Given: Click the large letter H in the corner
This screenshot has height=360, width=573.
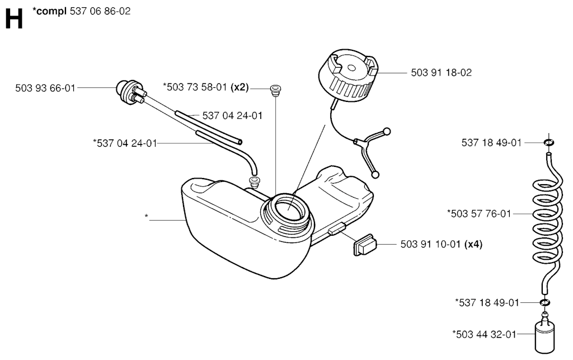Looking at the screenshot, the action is point(14,19).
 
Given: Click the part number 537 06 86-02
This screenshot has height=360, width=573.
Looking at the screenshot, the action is point(100,11).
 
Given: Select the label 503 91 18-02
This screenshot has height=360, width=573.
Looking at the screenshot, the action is point(441,72).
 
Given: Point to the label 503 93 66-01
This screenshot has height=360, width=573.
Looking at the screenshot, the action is point(45,88).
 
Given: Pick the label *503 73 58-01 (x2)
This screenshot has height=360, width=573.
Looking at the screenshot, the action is point(206,87).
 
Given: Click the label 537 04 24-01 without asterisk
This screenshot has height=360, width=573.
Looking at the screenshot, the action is point(232,115).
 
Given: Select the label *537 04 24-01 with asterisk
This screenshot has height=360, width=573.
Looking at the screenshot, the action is point(125,143).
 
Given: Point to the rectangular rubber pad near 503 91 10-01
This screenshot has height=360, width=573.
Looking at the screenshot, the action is point(364,245).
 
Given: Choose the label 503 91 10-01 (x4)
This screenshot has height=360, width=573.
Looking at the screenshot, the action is point(442,244).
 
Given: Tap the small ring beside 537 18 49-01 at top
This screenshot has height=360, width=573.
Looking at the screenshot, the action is point(548,142).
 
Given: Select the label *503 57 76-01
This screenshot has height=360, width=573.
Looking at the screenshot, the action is point(479,213).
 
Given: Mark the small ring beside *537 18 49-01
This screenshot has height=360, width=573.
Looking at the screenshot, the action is point(545,302).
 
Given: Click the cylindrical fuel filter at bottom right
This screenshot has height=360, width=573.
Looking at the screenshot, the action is point(544,333).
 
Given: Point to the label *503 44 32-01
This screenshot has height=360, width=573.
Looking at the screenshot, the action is point(484,334).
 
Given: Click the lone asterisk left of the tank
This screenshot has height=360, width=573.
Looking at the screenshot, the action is point(147,216).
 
